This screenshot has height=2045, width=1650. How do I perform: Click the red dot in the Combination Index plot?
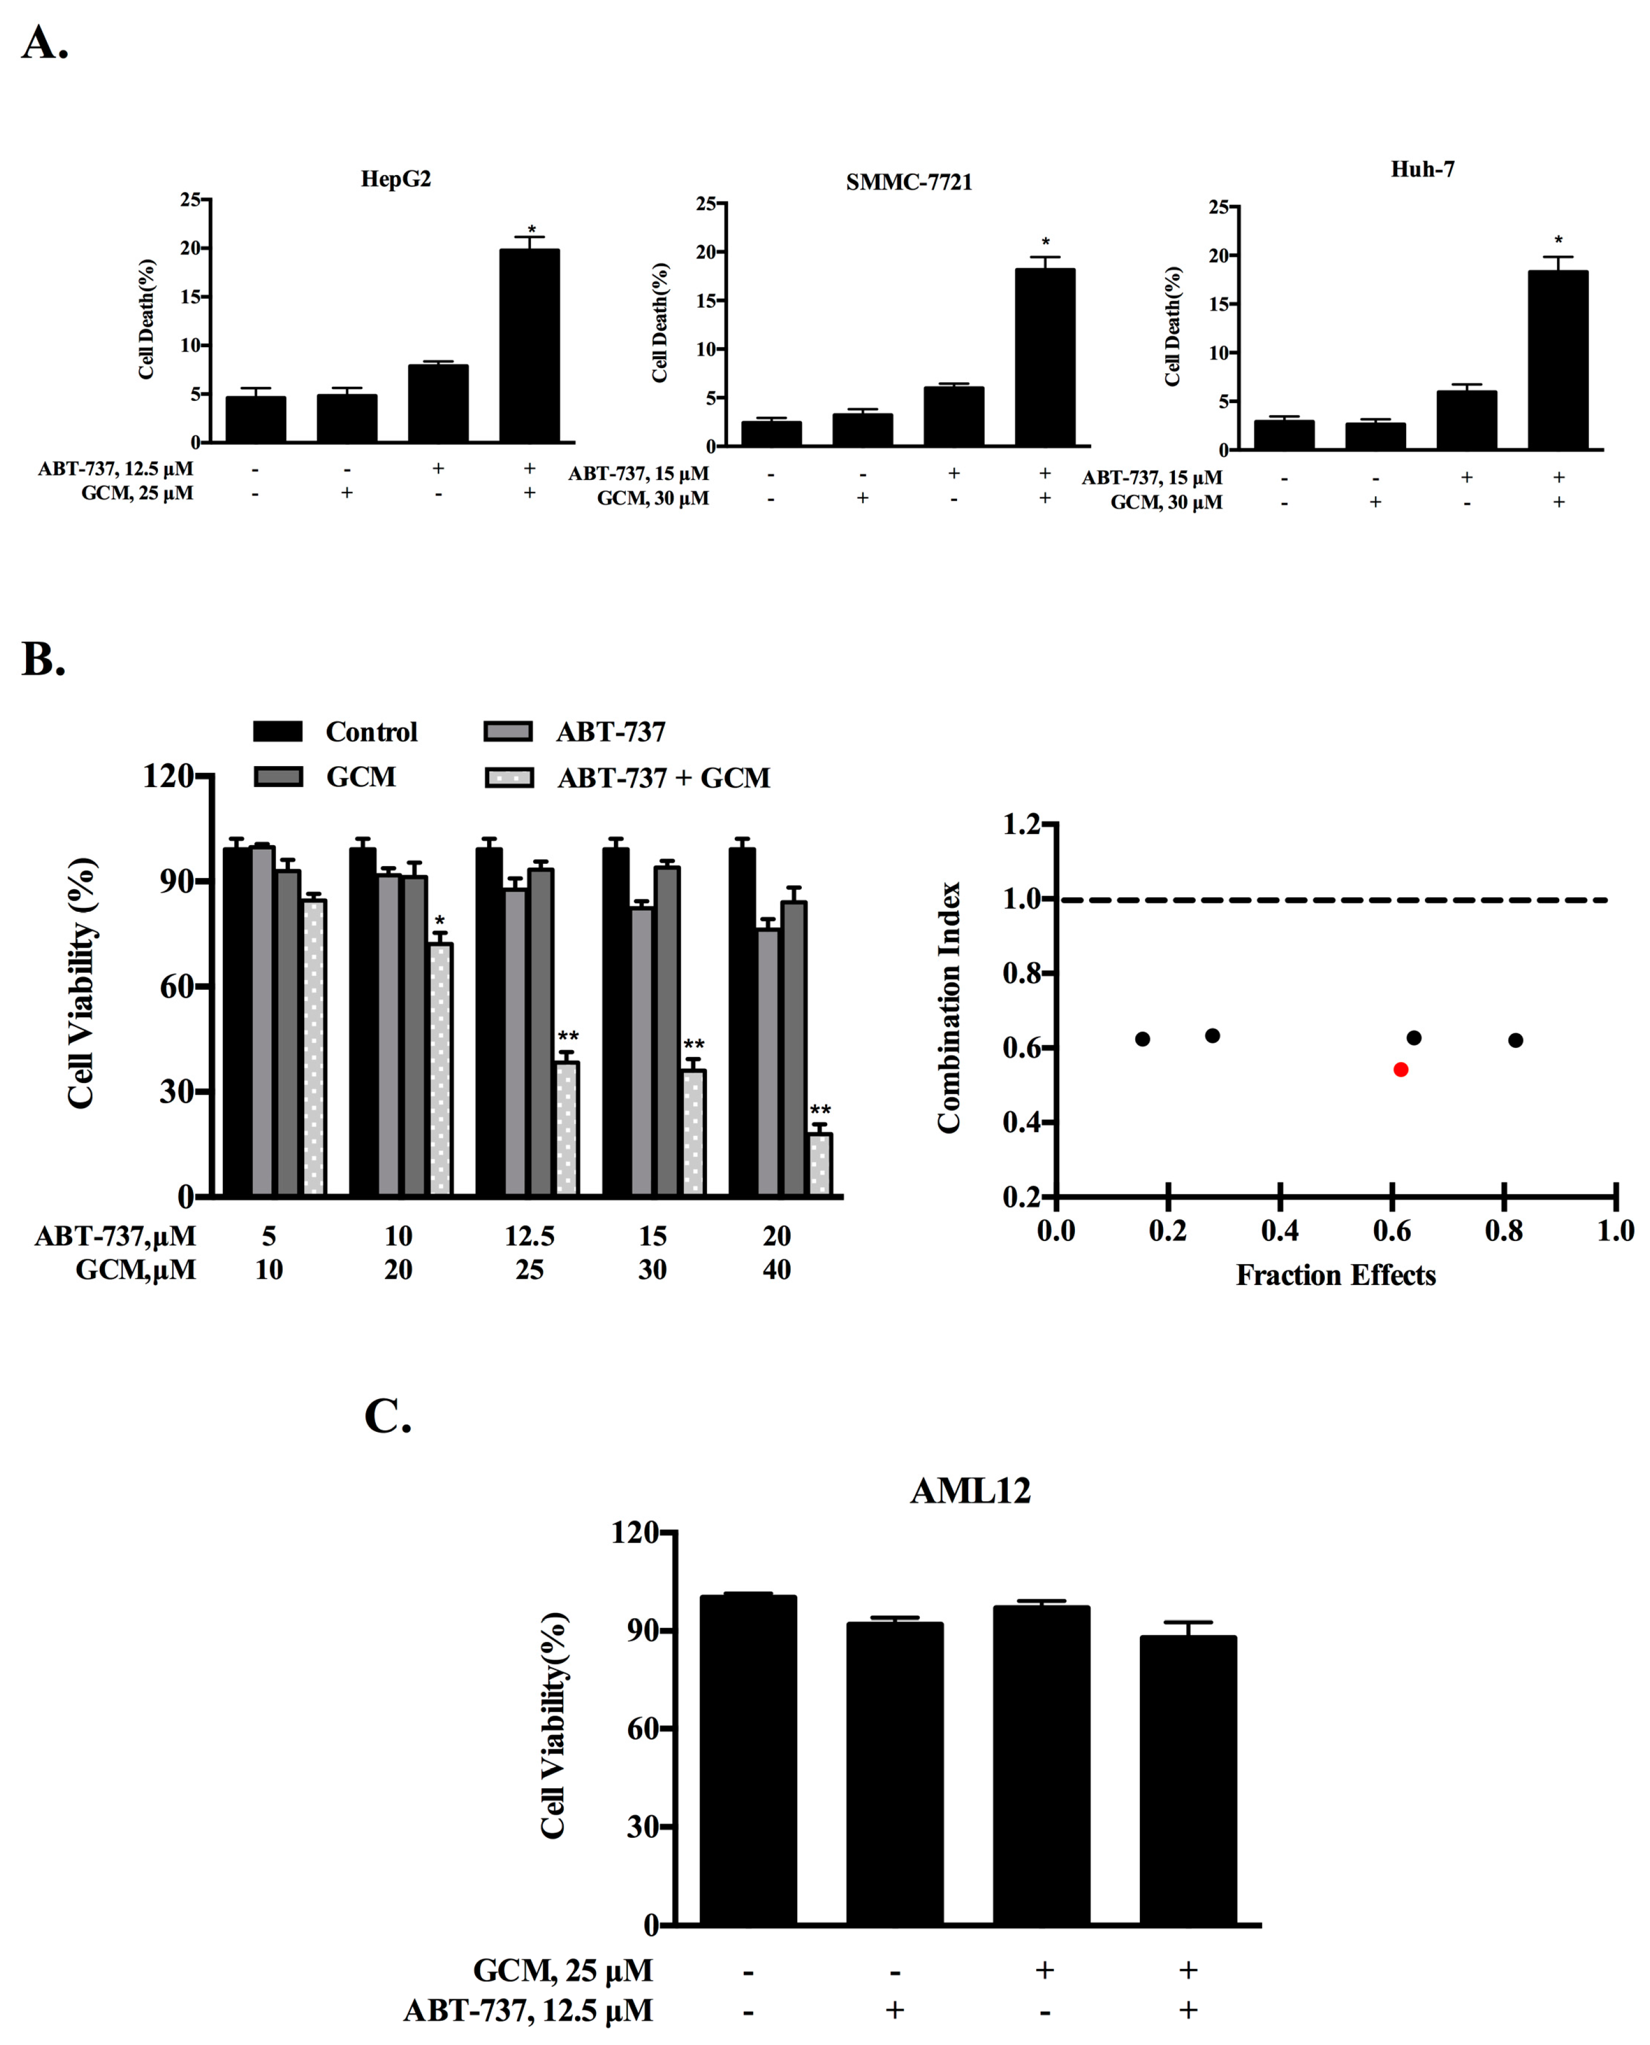point(1400,1069)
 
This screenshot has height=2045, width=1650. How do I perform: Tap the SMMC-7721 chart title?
point(909,182)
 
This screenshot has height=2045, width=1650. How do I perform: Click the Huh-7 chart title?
point(1422,169)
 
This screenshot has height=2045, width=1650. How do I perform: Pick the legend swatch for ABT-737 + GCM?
point(508,777)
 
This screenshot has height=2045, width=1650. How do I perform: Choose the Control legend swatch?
point(278,731)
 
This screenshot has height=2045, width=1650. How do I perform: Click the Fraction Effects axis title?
point(1335,1275)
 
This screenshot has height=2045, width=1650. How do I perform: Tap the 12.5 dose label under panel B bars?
point(529,1236)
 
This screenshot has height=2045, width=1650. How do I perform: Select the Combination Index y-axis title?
point(949,1008)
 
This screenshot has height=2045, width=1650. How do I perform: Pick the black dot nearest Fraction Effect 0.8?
point(1515,1040)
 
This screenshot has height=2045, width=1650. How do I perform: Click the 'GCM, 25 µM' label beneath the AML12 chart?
point(563,1970)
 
